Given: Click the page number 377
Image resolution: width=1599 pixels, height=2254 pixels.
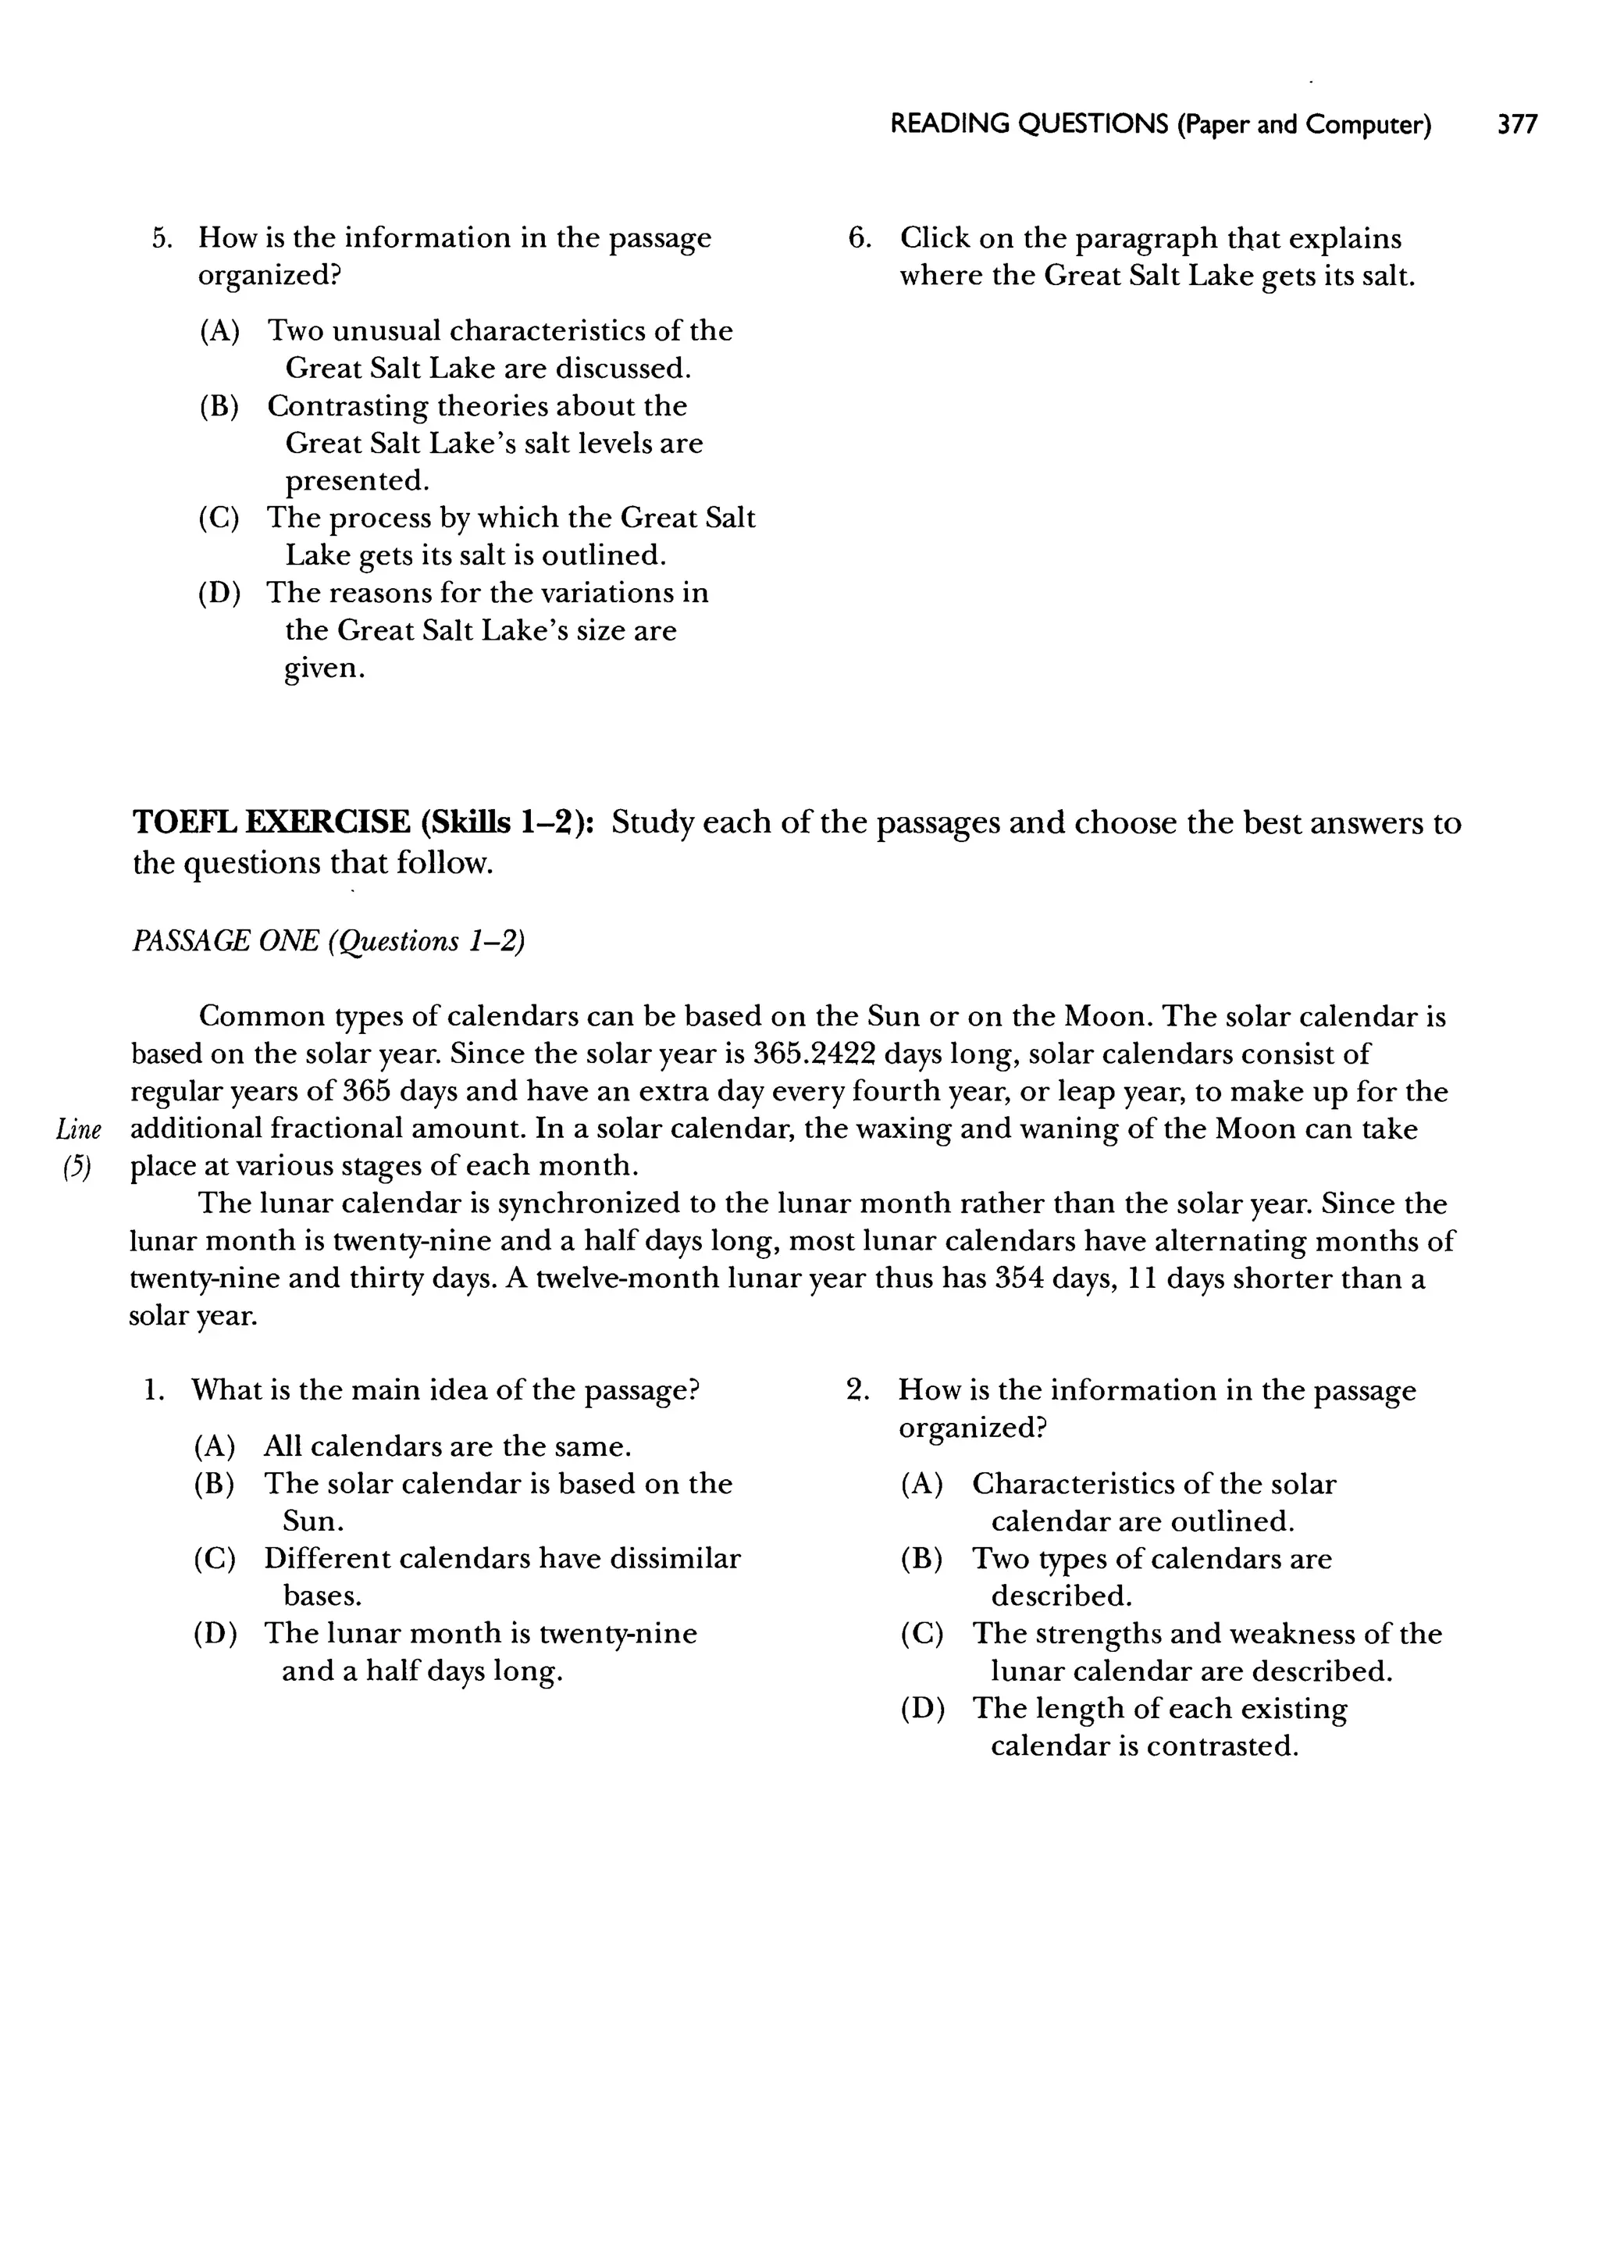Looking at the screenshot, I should [x=1516, y=125].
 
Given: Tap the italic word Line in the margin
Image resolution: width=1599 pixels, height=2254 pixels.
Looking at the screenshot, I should [x=80, y=1129].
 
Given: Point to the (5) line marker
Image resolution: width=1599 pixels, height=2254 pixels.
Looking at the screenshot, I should [x=77, y=1167].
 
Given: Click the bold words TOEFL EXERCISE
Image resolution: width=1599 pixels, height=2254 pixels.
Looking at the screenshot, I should [x=272, y=822].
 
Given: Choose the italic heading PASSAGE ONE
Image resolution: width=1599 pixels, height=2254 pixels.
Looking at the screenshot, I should [x=225, y=941].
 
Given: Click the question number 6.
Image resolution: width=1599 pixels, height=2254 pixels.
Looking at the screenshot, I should [x=859, y=238].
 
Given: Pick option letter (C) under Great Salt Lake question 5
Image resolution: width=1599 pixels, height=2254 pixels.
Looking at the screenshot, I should [x=219, y=518].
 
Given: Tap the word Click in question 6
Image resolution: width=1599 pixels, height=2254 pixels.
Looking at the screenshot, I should [x=935, y=238].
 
